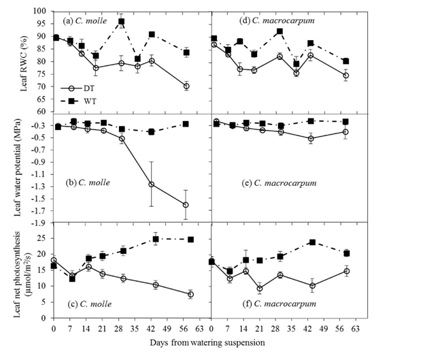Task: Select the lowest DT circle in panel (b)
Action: click(x=186, y=204)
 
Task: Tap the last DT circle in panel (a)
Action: click(x=186, y=86)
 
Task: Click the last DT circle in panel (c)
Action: click(x=190, y=295)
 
